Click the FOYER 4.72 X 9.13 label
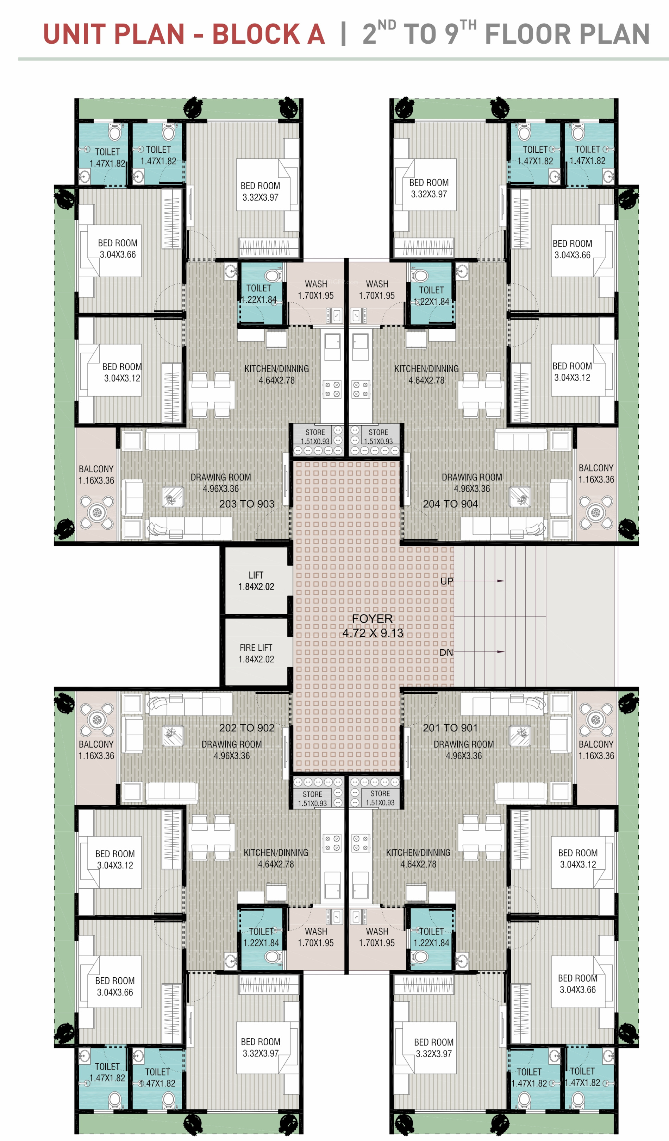372,626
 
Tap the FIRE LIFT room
256,652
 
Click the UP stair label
446,581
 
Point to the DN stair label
446,653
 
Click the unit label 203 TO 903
247,504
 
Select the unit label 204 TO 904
450,504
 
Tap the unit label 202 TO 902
247,728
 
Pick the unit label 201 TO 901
450,728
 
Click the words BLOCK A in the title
269,34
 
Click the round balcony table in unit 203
96,512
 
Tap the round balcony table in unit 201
596,719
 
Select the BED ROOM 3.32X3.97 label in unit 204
429,188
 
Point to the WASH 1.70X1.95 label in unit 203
316,290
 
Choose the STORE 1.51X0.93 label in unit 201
380,798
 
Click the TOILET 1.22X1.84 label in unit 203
259,294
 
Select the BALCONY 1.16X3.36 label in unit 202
96,750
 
